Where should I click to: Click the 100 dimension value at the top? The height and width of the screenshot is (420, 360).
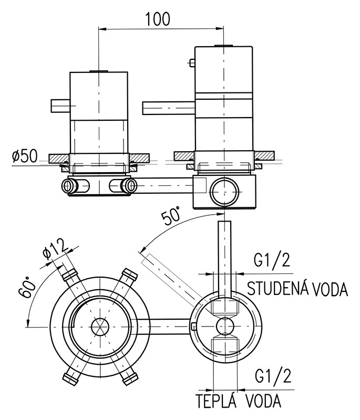(158, 19)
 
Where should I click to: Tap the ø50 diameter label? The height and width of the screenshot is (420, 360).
(24, 156)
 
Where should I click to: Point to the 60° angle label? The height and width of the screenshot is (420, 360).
(30, 288)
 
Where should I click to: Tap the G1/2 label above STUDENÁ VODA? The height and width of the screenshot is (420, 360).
(272, 261)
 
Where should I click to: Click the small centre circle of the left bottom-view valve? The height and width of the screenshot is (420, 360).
(98, 327)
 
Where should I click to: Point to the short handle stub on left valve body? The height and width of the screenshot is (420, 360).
(60, 106)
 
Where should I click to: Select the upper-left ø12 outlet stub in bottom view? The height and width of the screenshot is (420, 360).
(69, 275)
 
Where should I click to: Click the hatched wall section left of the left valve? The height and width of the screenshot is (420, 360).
(58, 157)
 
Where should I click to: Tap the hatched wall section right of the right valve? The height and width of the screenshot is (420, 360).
(264, 155)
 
